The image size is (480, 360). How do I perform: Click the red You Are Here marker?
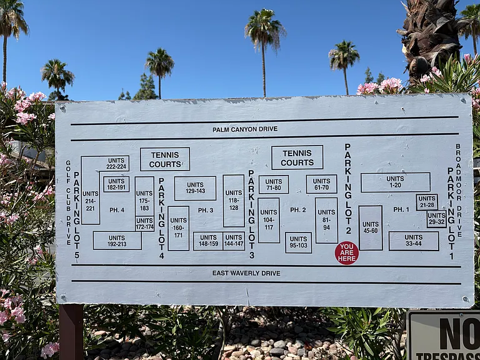click(346, 253)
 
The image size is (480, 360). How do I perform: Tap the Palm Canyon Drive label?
click(245, 129)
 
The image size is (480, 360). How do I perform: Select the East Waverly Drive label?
click(246, 273)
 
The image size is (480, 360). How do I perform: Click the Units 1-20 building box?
click(396, 182)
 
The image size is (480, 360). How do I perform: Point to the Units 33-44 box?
click(414, 241)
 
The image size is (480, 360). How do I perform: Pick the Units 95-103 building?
click(299, 242)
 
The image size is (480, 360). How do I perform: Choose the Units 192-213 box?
click(117, 241)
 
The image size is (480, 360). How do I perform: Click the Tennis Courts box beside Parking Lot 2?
click(297, 157)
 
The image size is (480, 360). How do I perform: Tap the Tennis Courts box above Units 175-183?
click(165, 159)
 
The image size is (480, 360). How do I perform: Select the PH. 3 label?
click(206, 210)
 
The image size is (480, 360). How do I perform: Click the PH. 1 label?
click(401, 209)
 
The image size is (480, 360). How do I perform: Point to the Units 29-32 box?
click(436, 219)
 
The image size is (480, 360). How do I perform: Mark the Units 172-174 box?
click(144, 224)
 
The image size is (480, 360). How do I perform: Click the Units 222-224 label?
click(116, 164)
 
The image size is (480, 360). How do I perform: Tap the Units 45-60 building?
click(371, 227)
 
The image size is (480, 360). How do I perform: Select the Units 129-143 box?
click(195, 188)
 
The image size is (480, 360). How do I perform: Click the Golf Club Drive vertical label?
click(68, 202)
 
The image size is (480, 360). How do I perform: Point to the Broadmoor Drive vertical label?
click(458, 190)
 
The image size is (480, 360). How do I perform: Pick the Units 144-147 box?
click(234, 241)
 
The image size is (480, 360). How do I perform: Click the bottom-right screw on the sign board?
click(466, 299)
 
